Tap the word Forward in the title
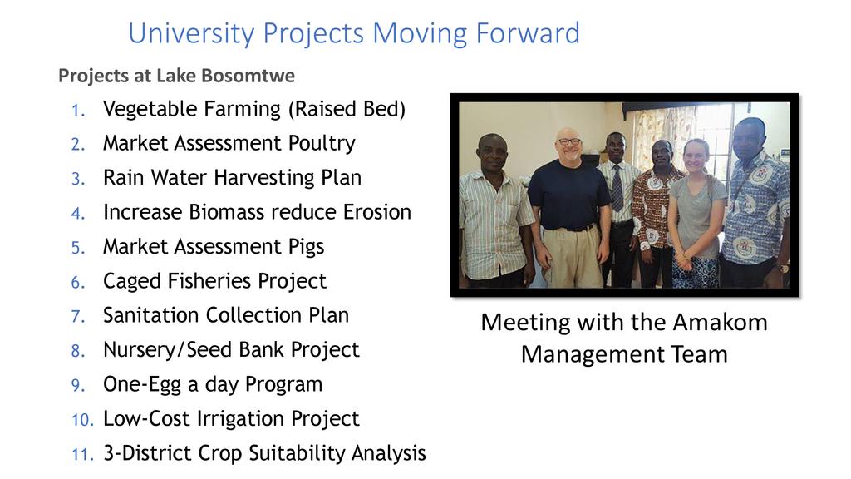coord(528,33)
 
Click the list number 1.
coord(78,111)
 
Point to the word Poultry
coord(322,143)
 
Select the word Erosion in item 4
coord(377,212)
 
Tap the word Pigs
coord(306,247)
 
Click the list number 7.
coord(78,317)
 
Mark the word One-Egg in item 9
coord(142,385)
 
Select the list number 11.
coord(82,454)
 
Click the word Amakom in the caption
coord(720,323)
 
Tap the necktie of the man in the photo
coord(617,188)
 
